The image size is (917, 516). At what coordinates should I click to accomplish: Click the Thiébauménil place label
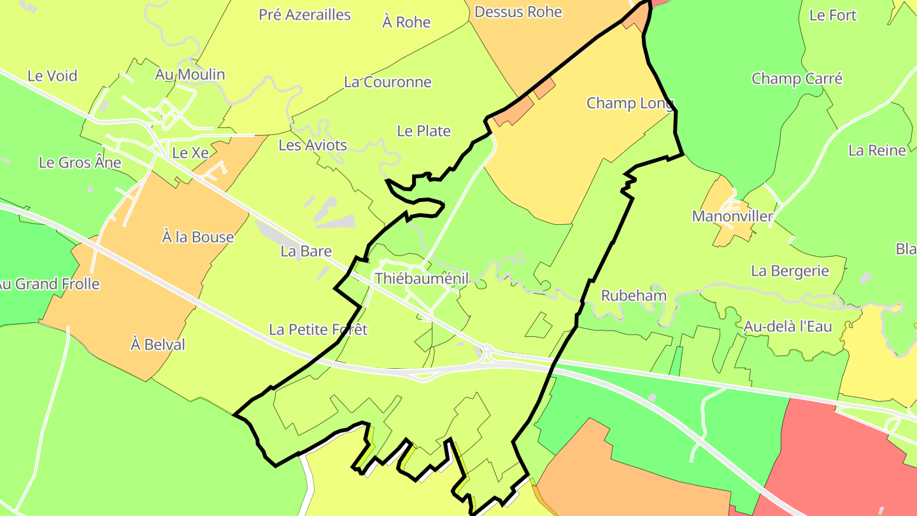[x=422, y=278]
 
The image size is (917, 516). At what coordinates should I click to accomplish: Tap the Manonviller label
[x=732, y=217]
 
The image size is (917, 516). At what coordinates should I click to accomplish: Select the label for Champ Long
[x=629, y=103]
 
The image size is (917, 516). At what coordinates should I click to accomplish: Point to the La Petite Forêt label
[x=318, y=330]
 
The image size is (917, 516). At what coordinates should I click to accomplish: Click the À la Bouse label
[x=198, y=238]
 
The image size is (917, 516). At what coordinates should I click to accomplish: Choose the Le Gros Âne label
[x=80, y=162]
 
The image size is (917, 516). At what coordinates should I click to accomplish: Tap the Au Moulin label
[x=190, y=75]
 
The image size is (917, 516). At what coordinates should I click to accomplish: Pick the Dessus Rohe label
[x=518, y=11]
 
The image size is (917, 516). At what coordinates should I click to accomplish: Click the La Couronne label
[x=388, y=82]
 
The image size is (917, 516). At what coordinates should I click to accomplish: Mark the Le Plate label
[x=423, y=131]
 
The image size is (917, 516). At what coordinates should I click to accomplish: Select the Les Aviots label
[x=313, y=145]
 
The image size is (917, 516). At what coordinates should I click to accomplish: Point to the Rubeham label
[x=634, y=296]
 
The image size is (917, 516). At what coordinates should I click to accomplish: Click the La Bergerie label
[x=790, y=271]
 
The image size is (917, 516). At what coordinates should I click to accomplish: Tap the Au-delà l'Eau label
[x=788, y=327]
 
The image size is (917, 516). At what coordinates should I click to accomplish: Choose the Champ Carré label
[x=797, y=79]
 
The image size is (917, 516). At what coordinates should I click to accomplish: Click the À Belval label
[x=158, y=345]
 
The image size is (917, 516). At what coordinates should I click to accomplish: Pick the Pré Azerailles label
[x=304, y=15]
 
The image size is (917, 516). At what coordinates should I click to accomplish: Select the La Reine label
[x=877, y=150]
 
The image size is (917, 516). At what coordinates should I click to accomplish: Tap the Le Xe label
[x=190, y=153]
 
